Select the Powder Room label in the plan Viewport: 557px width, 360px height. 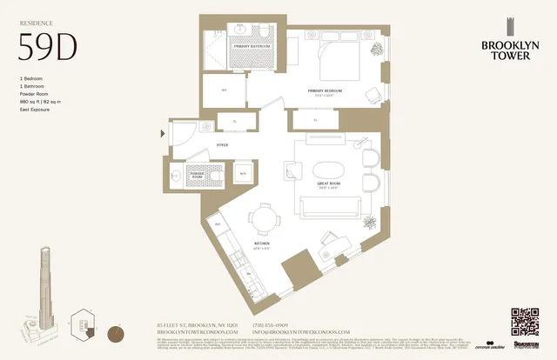click(199, 176)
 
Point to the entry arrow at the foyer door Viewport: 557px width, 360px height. click(163, 134)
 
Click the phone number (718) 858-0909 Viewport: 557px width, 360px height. click(270, 325)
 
